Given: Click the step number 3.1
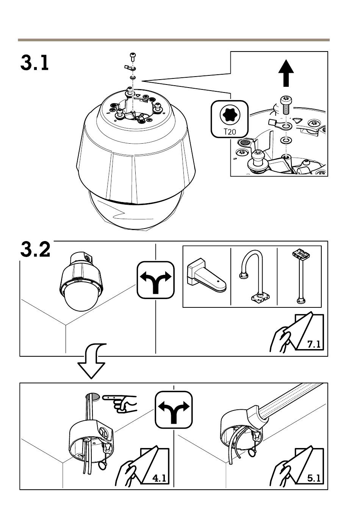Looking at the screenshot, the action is tap(34, 63).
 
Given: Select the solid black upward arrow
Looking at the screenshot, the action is tap(286, 73).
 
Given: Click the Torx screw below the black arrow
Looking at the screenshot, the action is tap(286, 105).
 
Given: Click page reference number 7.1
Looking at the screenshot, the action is tap(314, 345).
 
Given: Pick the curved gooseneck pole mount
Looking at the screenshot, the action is tap(254, 276).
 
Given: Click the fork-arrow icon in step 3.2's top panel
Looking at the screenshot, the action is tap(155, 280).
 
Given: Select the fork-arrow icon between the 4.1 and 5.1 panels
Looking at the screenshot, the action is tap(174, 410).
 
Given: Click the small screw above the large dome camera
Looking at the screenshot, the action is tap(133, 57).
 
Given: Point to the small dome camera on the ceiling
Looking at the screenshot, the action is tap(81, 282).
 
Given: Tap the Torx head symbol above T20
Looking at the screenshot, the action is tap(230, 114).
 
